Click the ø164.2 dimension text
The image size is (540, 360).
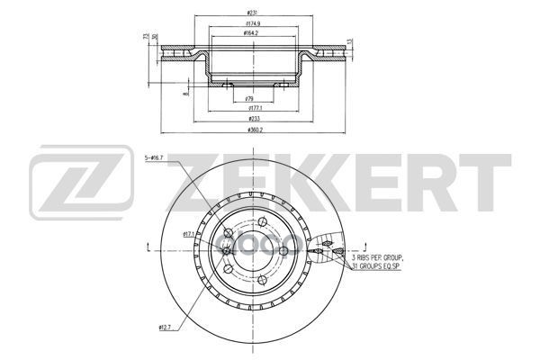[251, 32]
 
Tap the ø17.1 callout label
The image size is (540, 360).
[190, 234]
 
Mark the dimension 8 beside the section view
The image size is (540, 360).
[184, 94]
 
